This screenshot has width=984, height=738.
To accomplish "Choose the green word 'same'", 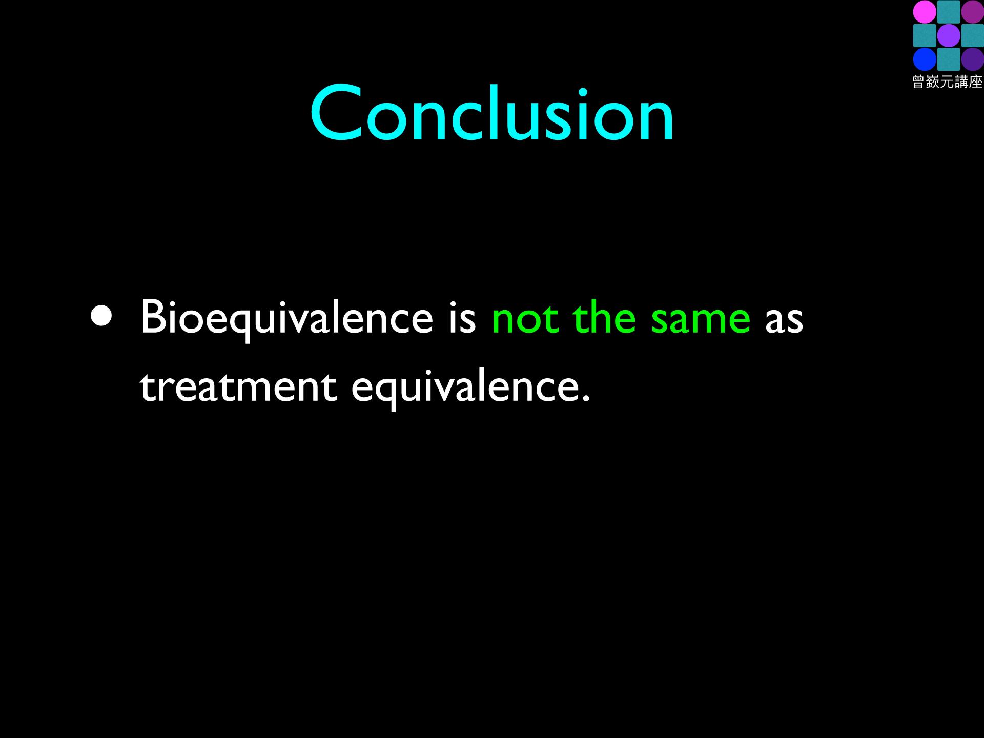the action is tap(701, 323).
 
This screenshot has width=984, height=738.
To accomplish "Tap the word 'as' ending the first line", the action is tap(784, 323).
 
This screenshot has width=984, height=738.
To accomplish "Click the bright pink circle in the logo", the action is tap(924, 12).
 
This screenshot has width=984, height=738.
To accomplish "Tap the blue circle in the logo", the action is tap(924, 59).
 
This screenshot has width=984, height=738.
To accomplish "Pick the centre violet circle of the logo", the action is tap(948, 36).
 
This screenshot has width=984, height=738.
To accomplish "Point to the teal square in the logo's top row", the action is tap(948, 12).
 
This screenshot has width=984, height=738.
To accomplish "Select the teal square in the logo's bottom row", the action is tap(948, 59).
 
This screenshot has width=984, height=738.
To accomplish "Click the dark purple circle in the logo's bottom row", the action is tap(972, 59).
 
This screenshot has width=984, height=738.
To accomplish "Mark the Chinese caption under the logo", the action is tap(948, 81).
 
